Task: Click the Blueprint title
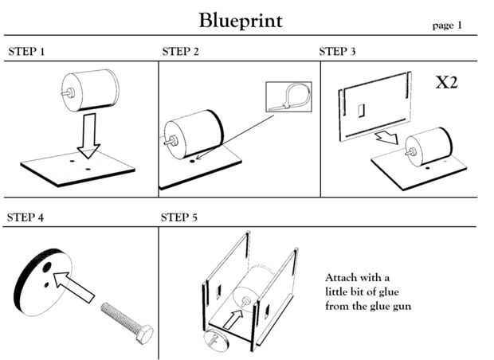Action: (240, 20)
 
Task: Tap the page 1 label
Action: (447, 25)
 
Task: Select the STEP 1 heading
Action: (26, 52)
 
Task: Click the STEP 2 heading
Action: (181, 52)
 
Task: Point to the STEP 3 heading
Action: (338, 52)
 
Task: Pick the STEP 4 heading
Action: (25, 217)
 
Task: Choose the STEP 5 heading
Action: (180, 217)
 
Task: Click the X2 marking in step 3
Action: (446, 82)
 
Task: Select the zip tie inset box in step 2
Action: (286, 97)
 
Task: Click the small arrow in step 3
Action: (388, 139)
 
